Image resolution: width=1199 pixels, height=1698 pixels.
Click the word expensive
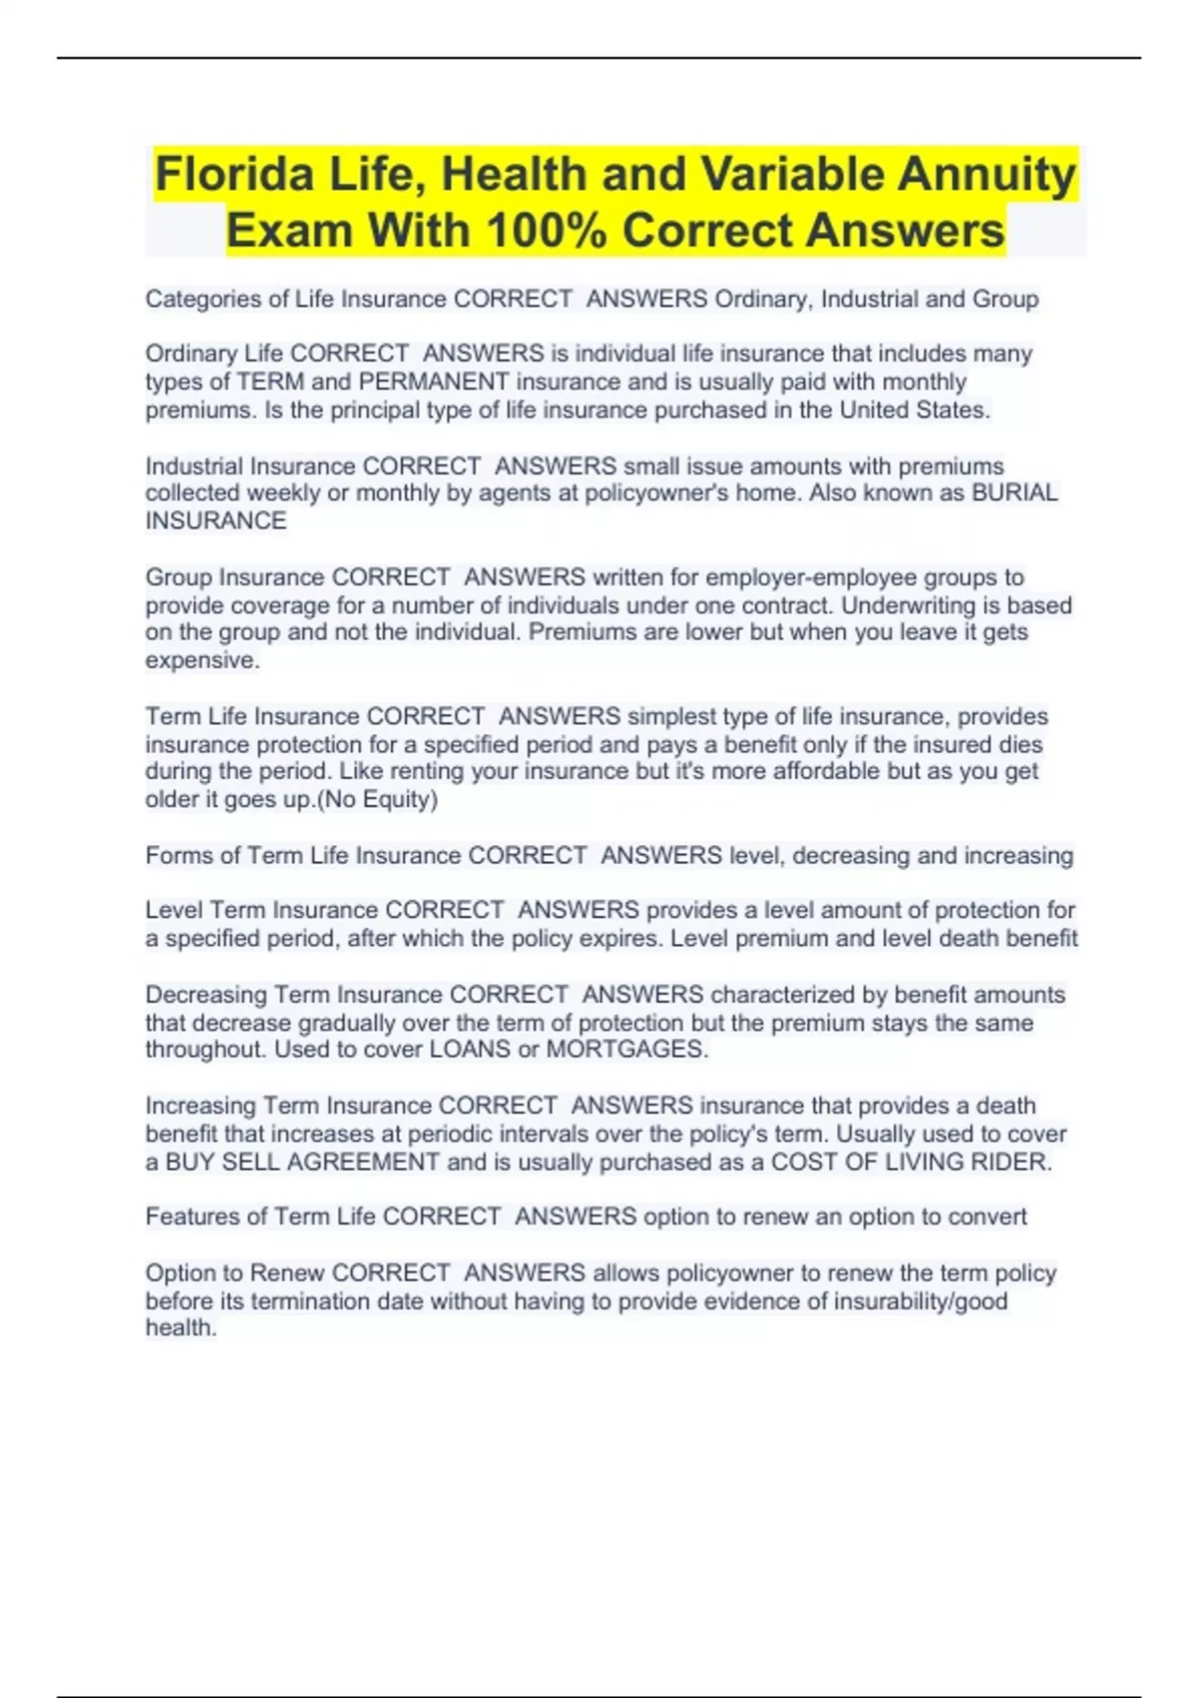(x=202, y=660)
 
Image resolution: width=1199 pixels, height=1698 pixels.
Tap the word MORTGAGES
(x=625, y=1049)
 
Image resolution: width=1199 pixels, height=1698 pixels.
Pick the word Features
(x=193, y=1217)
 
